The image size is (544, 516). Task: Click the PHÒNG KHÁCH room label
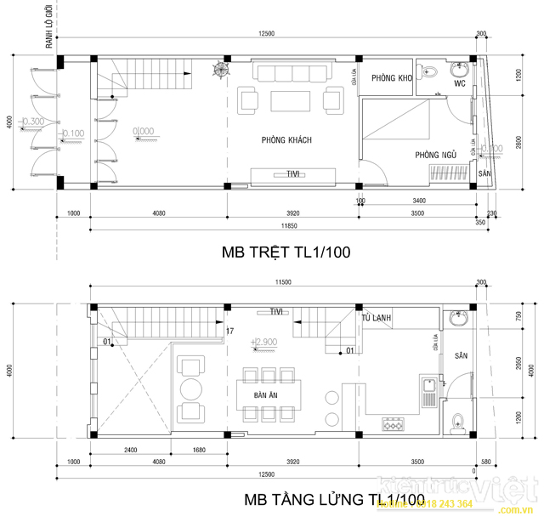286,139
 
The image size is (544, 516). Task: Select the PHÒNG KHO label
391,78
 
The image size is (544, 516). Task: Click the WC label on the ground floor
459,85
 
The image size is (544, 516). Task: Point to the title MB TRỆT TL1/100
286,252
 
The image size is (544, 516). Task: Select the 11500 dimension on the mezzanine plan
281,282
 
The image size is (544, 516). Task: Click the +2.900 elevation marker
265,343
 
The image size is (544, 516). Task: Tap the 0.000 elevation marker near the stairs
143,131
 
